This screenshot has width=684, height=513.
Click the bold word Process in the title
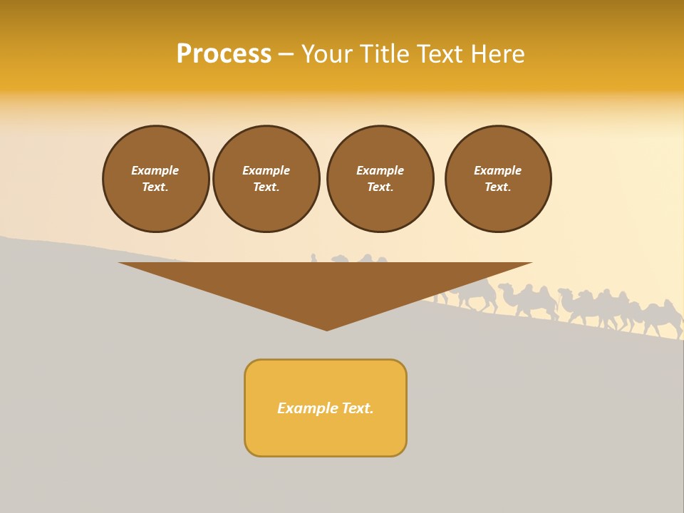(x=224, y=54)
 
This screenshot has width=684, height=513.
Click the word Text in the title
(x=437, y=54)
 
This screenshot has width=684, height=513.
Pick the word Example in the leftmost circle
(x=155, y=170)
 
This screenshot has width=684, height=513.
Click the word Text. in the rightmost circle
(x=498, y=187)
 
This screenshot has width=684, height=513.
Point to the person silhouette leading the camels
(x=313, y=257)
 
